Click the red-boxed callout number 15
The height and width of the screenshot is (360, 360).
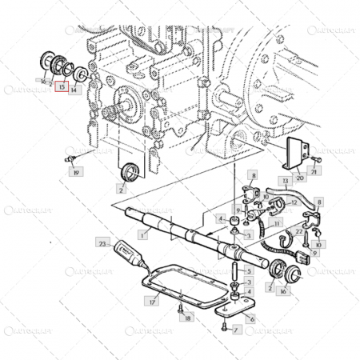point(62,90)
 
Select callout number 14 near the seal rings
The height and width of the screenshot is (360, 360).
point(74,90)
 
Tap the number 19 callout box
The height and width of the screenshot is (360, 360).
point(76,172)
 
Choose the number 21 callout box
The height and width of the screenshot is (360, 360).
point(314,171)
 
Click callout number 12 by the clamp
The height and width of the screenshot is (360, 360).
point(294,202)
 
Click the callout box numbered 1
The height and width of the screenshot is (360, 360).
point(142,235)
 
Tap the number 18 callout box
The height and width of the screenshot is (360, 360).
point(188,318)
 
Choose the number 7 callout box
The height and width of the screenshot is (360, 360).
point(236,329)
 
